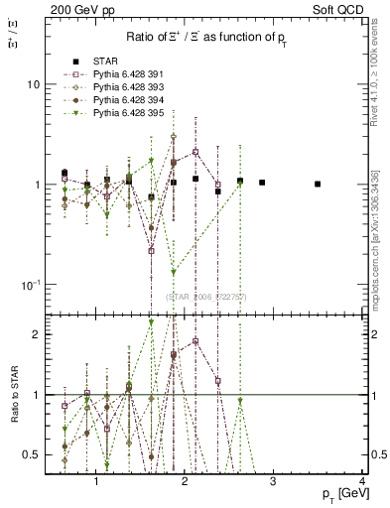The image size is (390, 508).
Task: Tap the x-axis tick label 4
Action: pyautogui.click(x=363, y=482)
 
